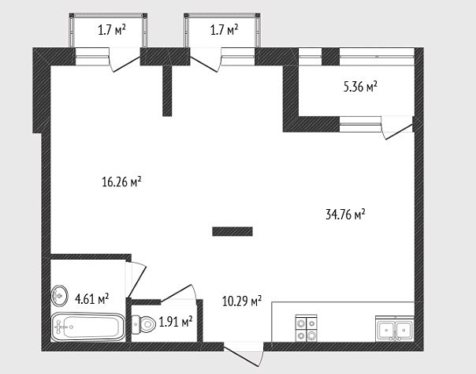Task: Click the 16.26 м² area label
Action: point(121,181)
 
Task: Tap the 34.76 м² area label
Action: point(345,214)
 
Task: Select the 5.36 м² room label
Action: point(360,87)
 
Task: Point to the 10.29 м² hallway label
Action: point(242,301)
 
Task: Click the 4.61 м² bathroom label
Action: point(91,299)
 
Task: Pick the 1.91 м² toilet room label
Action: point(176,322)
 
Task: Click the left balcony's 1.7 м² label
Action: point(112,30)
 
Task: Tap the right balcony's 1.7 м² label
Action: point(225,30)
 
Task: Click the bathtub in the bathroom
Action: point(88,327)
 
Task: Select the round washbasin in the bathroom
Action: point(60,295)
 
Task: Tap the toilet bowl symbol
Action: point(143,324)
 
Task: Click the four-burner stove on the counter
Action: point(307,328)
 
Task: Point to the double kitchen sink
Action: point(395,329)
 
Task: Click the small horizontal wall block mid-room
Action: point(232,231)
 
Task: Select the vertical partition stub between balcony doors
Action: point(167,91)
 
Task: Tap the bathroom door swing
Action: point(136,279)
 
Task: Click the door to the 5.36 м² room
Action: point(398,128)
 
